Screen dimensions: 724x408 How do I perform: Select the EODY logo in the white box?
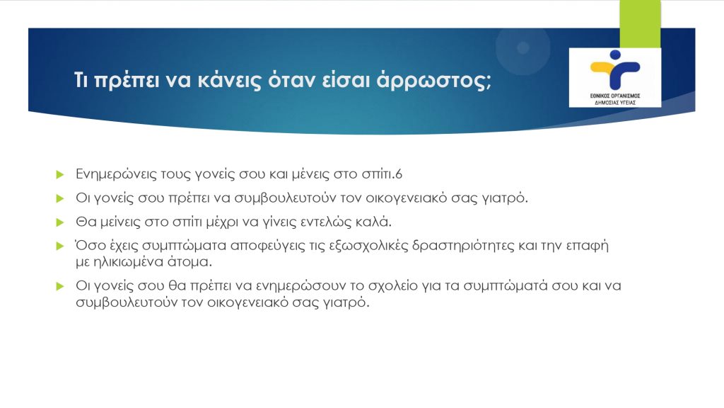coord(615,77)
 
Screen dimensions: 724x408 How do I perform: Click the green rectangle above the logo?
coord(640,24)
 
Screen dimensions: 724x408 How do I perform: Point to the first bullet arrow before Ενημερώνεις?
coord(59,174)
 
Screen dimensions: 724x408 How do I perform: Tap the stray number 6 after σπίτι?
coord(399,174)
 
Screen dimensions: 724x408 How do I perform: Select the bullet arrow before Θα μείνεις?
coord(59,222)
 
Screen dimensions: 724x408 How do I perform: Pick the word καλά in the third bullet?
coord(373,222)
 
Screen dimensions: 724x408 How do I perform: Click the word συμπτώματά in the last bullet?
coord(505,286)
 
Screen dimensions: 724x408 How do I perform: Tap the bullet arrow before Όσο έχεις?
coord(59,246)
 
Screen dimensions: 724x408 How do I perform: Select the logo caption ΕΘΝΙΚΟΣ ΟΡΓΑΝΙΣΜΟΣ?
coord(615,96)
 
